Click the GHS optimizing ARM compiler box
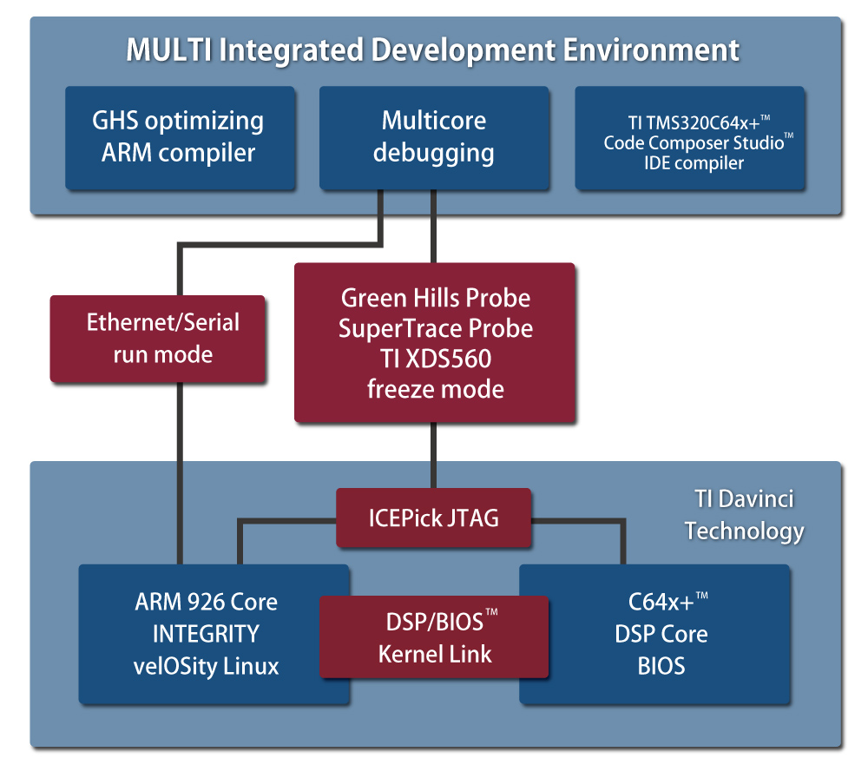(x=180, y=138)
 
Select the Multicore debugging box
(x=434, y=138)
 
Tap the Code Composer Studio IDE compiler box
(x=690, y=138)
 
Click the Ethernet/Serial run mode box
(x=158, y=339)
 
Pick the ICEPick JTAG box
(x=433, y=518)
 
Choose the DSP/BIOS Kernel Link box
(x=434, y=637)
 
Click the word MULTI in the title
(x=169, y=49)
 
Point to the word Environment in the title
(x=651, y=49)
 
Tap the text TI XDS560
(x=435, y=359)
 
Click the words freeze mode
(x=435, y=389)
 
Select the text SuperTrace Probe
(x=435, y=328)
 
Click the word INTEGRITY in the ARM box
(x=206, y=634)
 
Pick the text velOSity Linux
(x=206, y=666)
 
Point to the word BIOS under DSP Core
(x=661, y=666)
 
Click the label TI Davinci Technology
(x=744, y=515)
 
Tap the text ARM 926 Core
(x=206, y=602)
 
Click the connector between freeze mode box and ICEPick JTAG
(x=433, y=455)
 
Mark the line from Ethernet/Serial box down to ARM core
(x=180, y=473)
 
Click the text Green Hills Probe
(x=435, y=298)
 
